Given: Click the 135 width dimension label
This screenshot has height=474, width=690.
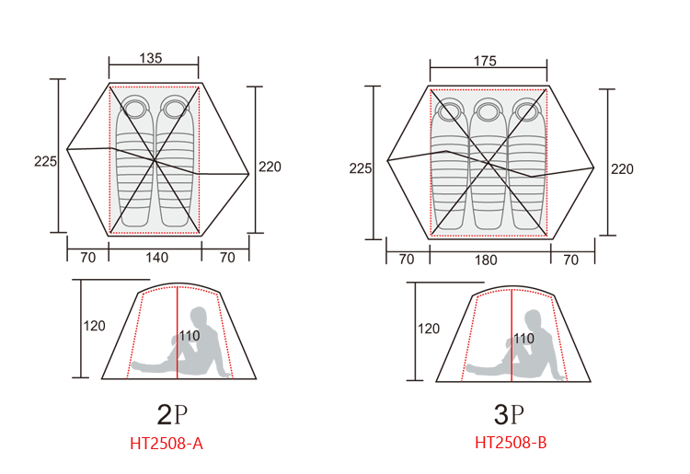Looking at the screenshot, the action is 151,58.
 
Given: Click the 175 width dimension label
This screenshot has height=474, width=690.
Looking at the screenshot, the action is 485,61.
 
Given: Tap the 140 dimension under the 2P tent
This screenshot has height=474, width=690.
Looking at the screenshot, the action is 156,258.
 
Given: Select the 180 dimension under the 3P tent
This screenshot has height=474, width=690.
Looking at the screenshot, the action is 486,260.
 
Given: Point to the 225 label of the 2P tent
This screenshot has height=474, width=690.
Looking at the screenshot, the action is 45,161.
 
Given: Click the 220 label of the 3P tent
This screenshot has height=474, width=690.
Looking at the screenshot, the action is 622,169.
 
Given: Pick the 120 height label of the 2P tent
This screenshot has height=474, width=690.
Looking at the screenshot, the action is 94,326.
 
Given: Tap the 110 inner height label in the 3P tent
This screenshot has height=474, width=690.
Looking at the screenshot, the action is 523,339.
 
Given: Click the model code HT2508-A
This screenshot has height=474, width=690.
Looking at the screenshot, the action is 167,444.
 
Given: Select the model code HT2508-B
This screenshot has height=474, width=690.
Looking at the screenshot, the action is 511,443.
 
